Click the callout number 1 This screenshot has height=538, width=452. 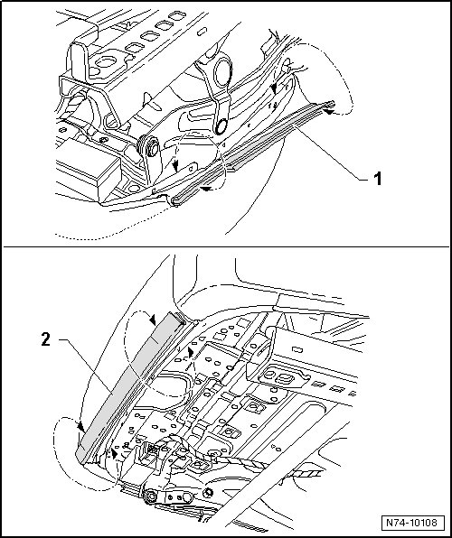point(377,179)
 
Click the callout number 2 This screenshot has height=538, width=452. point(46,339)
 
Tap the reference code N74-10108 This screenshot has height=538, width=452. point(411,523)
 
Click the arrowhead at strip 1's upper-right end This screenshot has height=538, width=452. point(328,112)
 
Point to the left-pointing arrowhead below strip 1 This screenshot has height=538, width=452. point(207,189)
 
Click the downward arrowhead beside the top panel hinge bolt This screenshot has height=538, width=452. point(176,168)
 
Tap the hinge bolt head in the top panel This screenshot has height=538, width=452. point(152,147)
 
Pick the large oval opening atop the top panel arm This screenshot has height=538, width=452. point(222,71)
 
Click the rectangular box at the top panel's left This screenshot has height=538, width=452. point(88,170)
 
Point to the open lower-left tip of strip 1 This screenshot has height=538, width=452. point(175,201)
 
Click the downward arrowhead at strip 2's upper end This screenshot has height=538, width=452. point(152,320)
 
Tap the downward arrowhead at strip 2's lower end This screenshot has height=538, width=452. point(81,427)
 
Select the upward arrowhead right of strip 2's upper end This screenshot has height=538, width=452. point(191,353)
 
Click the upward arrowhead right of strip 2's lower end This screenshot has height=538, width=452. point(114,453)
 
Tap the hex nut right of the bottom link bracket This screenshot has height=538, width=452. point(207,494)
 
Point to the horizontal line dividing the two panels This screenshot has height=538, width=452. point(226,246)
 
